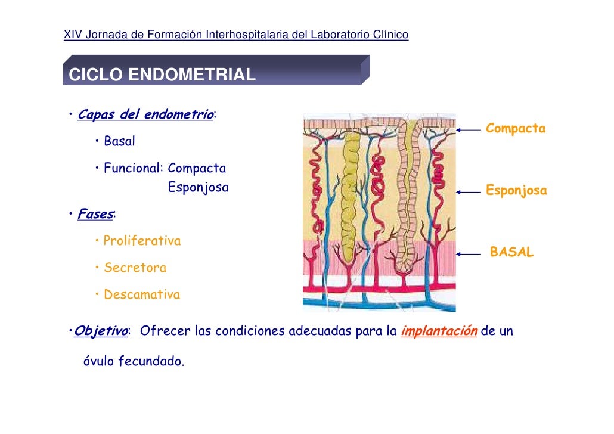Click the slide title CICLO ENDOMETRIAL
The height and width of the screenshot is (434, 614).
(162, 75)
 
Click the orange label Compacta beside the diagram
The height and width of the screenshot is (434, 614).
(516, 129)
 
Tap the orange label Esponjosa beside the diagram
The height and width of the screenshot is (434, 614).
(516, 191)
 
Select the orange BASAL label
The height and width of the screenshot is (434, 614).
(511, 253)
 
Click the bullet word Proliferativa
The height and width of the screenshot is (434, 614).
(142, 241)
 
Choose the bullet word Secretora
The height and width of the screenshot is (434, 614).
(135, 268)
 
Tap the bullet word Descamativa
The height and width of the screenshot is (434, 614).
(141, 294)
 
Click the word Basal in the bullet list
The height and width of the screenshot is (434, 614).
(119, 142)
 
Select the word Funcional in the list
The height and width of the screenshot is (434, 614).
(133, 169)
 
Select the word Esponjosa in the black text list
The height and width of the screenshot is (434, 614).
(198, 188)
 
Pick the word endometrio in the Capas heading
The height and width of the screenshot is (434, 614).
(182, 114)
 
